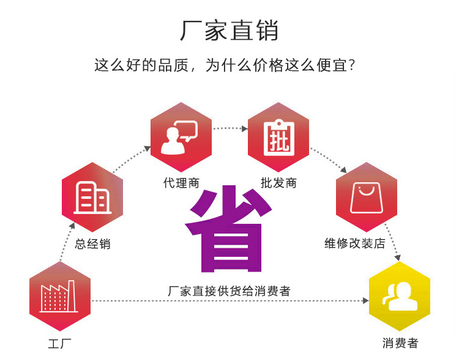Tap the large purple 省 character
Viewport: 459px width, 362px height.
tap(228, 229)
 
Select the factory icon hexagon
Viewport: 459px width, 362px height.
tap(60, 297)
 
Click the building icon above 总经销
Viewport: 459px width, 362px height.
tap(92, 198)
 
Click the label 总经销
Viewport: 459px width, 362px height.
tap(92, 244)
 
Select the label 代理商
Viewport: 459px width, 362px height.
tap(181, 183)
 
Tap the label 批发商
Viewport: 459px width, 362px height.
tap(278, 183)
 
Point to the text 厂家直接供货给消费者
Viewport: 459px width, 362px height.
tap(229, 291)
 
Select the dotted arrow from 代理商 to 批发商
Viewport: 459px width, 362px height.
tap(229, 128)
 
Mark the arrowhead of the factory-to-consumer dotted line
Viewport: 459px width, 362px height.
tap(365, 301)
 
